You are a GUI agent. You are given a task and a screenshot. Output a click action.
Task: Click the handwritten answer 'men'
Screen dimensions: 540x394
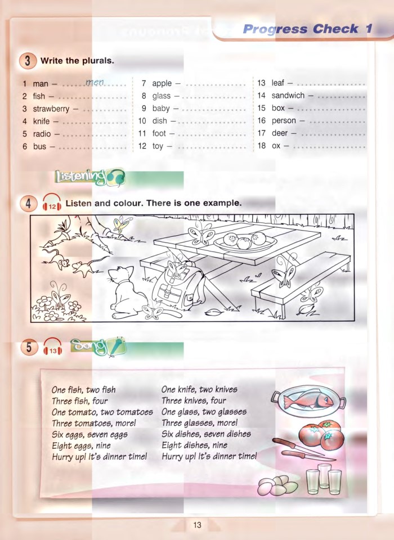click(x=95, y=83)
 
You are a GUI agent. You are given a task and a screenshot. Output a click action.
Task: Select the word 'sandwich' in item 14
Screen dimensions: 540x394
click(x=288, y=96)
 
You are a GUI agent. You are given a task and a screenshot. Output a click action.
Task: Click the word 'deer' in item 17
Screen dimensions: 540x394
click(x=280, y=133)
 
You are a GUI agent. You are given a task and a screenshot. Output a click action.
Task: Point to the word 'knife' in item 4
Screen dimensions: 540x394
click(x=41, y=121)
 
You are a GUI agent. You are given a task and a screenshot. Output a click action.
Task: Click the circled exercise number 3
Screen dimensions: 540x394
click(x=28, y=61)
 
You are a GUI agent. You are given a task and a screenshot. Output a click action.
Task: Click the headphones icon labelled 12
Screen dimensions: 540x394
click(x=52, y=204)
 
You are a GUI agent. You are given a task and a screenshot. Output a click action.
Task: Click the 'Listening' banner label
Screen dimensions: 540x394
click(x=82, y=177)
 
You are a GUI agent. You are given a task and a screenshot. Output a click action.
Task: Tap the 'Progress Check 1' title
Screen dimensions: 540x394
click(x=307, y=29)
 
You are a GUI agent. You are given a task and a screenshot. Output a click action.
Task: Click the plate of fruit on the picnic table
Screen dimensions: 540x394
click(x=245, y=242)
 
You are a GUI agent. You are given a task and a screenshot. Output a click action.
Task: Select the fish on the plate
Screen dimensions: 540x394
click(x=307, y=400)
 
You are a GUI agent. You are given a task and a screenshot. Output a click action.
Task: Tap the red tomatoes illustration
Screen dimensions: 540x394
click(x=320, y=434)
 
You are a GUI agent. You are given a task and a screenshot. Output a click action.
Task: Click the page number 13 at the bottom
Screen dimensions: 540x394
click(x=197, y=525)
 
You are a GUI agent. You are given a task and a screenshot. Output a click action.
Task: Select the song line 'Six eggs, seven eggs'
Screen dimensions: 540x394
click(x=89, y=434)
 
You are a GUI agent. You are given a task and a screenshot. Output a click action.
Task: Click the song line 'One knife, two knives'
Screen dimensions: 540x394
click(x=199, y=389)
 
